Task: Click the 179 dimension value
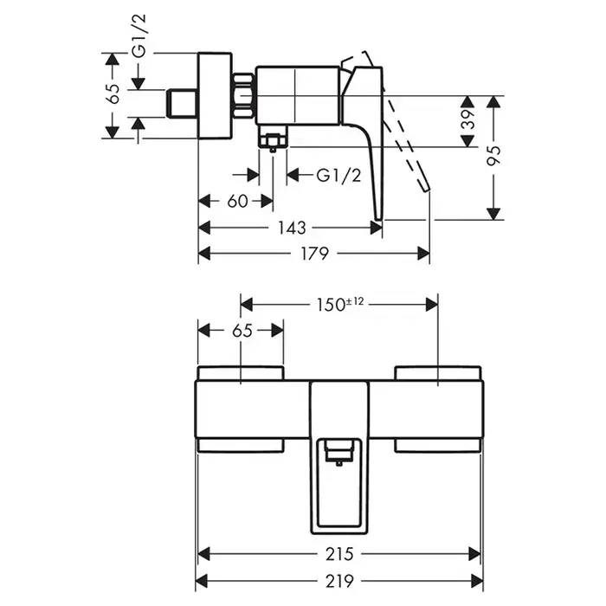[x=314, y=254]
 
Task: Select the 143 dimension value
[x=293, y=228]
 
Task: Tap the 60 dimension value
[x=237, y=201]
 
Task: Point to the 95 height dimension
[x=494, y=156]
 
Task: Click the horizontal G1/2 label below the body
[x=337, y=176]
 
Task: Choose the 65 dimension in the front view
[x=242, y=331]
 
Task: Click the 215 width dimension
[x=338, y=552]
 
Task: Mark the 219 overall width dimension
[x=338, y=578]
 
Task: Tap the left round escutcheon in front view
[x=241, y=375]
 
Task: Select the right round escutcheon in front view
[x=437, y=375]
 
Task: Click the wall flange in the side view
[x=215, y=95]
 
